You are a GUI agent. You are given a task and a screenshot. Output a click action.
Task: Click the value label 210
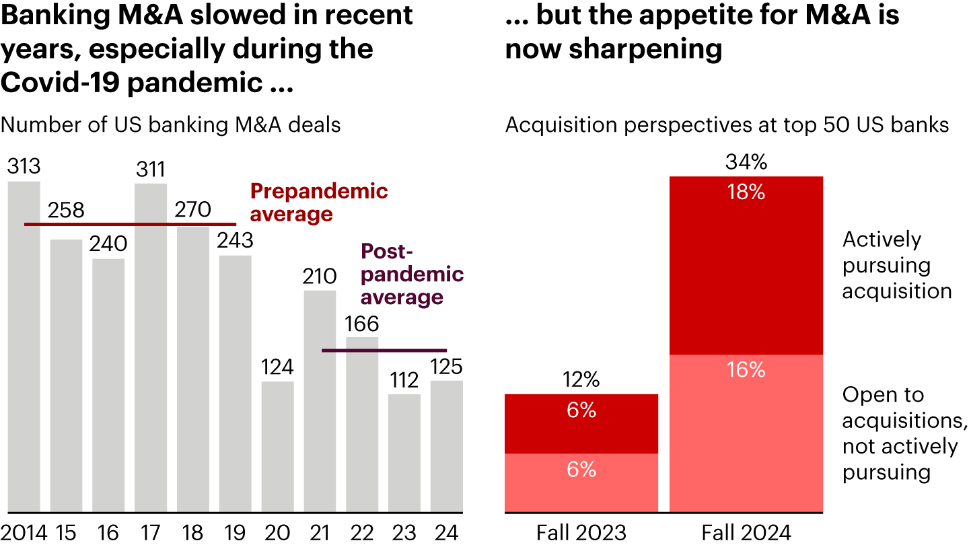[x=320, y=277]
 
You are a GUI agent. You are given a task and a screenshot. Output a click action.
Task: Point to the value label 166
[x=363, y=324]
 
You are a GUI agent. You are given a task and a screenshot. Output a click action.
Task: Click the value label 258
[x=66, y=211]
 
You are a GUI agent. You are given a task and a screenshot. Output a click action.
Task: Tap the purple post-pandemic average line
[x=384, y=351]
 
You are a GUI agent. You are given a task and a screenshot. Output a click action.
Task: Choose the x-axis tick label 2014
[x=24, y=532]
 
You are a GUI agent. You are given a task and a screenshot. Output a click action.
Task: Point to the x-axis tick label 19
[x=236, y=532]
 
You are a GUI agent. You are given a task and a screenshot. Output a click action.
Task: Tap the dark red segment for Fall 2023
[x=581, y=424]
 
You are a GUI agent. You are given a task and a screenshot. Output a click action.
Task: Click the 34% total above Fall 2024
[x=746, y=163]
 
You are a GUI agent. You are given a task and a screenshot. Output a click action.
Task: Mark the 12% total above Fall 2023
[x=581, y=381]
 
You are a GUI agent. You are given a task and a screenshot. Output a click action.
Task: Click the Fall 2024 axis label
[x=746, y=532]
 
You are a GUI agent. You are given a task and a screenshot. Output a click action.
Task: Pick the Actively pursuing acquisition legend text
[x=897, y=265]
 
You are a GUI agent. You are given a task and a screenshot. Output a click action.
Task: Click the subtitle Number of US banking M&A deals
[x=171, y=125]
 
